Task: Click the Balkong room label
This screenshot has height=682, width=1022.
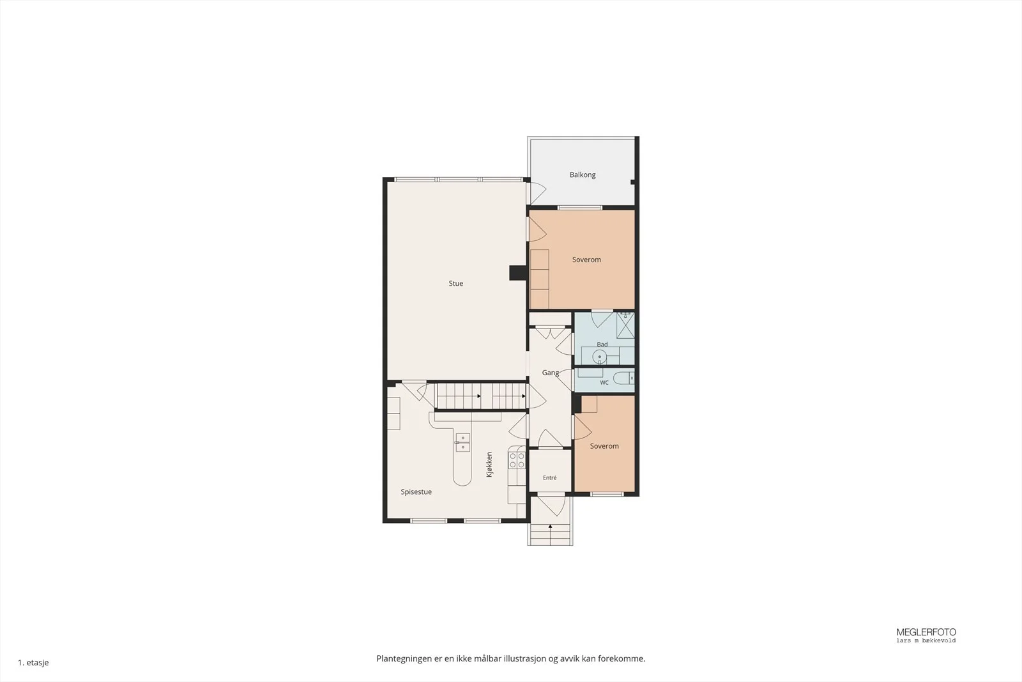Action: point(582,175)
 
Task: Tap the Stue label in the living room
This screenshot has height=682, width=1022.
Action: point(456,284)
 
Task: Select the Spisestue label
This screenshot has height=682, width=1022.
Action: point(416,492)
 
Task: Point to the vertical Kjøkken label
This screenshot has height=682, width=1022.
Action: point(489,465)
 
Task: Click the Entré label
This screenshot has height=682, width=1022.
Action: point(550,478)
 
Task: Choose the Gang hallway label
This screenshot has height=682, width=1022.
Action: point(550,373)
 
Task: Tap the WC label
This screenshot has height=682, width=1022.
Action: point(604,382)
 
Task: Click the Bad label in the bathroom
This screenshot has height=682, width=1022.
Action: point(602,344)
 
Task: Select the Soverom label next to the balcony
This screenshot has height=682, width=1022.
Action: point(586,260)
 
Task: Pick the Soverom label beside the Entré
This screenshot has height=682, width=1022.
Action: point(604,446)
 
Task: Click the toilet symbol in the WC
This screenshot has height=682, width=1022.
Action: point(623,378)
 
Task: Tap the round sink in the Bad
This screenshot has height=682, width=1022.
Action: point(600,356)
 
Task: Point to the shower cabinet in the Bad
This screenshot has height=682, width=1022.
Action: point(625,325)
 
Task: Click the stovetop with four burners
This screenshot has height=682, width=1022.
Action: point(517,460)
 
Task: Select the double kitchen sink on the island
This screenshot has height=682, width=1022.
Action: point(462,443)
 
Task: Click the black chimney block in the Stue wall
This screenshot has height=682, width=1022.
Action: point(518,273)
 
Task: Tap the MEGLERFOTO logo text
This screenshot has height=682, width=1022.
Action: point(926,632)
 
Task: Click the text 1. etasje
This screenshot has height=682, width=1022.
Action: point(33,662)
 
